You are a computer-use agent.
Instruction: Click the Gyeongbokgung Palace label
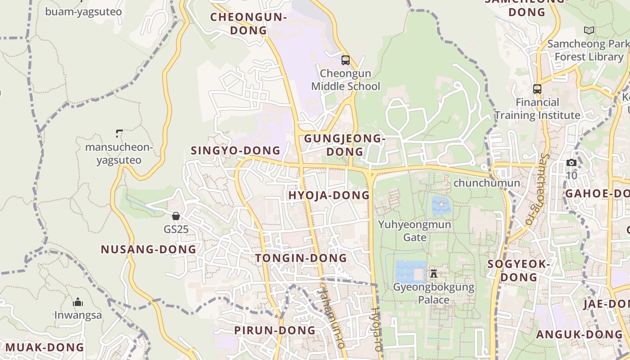tap(434, 293)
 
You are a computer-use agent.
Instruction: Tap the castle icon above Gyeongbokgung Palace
tap(434, 273)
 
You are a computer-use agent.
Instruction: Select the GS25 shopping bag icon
tap(176, 216)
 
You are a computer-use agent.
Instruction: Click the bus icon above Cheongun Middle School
tap(346, 60)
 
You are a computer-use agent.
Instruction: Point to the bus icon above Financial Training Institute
tap(537, 89)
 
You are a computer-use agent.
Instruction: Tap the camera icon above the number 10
tap(571, 162)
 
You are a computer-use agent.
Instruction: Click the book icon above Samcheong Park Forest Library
tap(589, 31)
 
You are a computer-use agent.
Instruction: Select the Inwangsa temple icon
tap(78, 301)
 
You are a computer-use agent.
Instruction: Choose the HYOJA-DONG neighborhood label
tap(329, 195)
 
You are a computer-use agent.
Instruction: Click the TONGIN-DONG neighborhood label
tap(301, 258)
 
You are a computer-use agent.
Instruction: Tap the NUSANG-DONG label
tap(148, 249)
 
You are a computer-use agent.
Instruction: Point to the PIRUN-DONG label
tap(274, 330)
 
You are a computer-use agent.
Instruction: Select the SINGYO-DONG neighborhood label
tap(236, 150)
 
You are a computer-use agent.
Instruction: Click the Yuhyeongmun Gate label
tap(414, 230)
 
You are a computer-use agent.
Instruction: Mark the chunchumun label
tap(486, 183)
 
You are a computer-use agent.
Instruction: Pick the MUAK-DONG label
tap(45, 347)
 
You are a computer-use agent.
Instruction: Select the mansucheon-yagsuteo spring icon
tap(119, 133)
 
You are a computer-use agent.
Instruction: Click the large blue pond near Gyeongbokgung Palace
tap(409, 271)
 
